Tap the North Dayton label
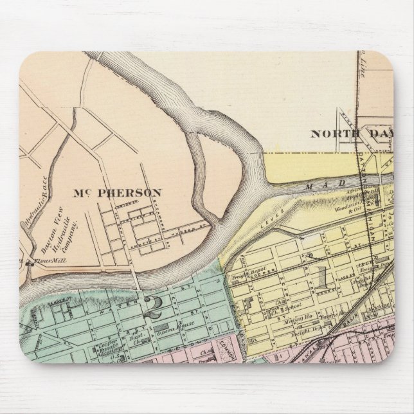[351, 134]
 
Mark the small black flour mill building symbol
[30, 264]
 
